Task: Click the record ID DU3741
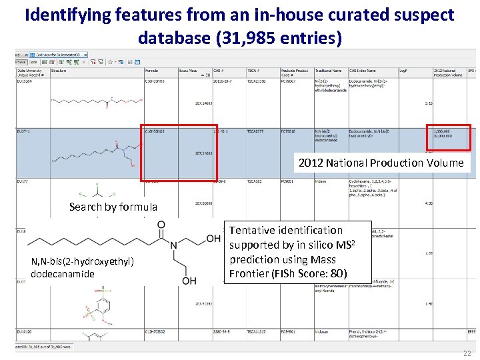click(23, 131)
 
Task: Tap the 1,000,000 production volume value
click(442, 131)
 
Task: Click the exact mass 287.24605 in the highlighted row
click(204, 153)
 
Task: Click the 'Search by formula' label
click(113, 207)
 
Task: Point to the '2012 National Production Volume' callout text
click(380, 163)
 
